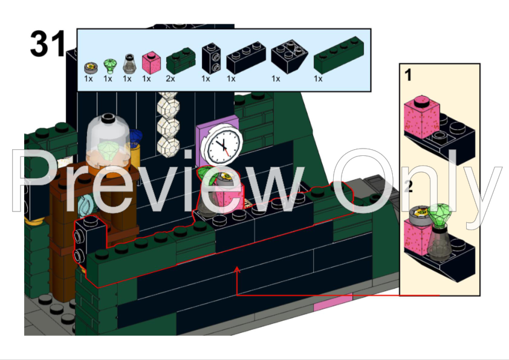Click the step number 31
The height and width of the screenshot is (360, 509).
coord(48,43)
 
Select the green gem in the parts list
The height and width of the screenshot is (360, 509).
coord(110,66)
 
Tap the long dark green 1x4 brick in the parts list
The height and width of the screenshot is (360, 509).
coord(339,55)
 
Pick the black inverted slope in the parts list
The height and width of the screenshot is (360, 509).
coord(289,56)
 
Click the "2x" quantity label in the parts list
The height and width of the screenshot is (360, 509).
coord(170,79)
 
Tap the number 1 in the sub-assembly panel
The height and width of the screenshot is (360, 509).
coord(408,75)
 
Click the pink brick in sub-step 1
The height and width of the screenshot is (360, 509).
coord(421,116)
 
